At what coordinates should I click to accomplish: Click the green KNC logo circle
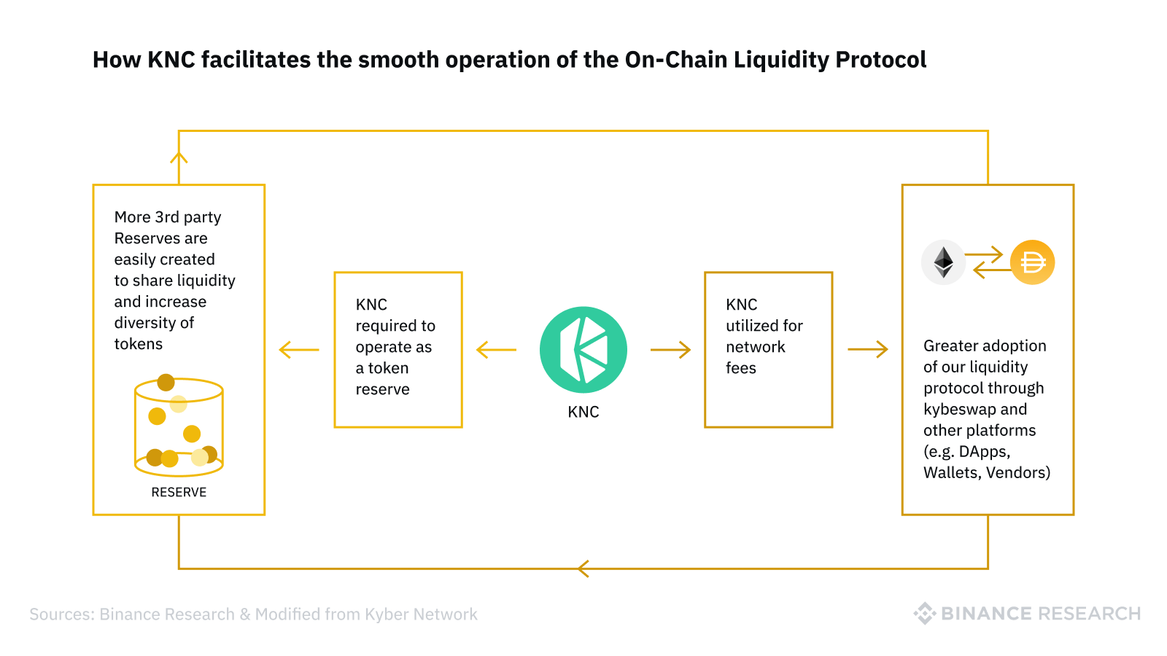[583, 349]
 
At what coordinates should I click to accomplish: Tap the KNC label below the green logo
[583, 412]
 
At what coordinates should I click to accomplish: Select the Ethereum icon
[943, 262]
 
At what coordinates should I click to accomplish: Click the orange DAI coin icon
[1032, 262]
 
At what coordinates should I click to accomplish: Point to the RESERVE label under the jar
[179, 492]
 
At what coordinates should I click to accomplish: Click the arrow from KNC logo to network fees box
[670, 349]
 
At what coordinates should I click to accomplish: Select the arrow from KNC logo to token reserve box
[497, 349]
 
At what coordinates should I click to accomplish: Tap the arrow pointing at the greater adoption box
[868, 349]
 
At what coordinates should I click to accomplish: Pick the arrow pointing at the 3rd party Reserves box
[299, 349]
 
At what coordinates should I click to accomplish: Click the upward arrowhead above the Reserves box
[179, 157]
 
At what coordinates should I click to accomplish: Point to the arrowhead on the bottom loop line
[583, 569]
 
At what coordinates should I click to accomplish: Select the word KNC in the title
[171, 59]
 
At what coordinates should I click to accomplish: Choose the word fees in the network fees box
[741, 368]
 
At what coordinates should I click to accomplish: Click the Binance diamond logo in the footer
[924, 613]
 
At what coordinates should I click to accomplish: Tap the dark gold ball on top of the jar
[166, 383]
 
